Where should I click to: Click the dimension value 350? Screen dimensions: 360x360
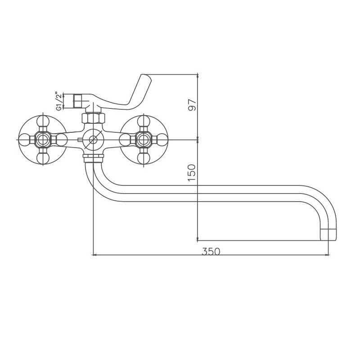pyautogui.click(x=211, y=252)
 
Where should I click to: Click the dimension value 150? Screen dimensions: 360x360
pyautogui.click(x=192, y=173)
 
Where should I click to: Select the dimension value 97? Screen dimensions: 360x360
pyautogui.click(x=192, y=105)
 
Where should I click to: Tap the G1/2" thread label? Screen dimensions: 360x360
pyautogui.click(x=59, y=101)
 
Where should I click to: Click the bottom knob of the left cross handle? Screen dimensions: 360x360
pyautogui.click(x=43, y=158)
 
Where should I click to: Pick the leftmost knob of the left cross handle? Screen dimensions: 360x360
pyautogui.click(x=24, y=139)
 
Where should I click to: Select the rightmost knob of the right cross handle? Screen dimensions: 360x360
pyautogui.click(x=162, y=139)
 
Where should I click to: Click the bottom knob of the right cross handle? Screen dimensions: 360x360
pyautogui.click(x=144, y=158)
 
